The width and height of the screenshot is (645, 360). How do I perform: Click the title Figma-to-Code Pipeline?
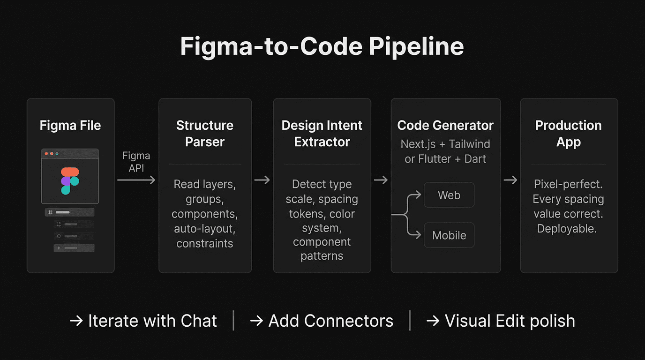pos(322,47)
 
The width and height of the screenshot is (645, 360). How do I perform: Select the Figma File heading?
pos(70,126)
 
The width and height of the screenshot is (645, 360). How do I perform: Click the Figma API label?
pos(136,162)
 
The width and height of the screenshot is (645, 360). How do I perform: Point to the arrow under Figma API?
pos(136,180)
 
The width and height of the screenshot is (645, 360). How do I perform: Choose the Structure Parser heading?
pos(205,134)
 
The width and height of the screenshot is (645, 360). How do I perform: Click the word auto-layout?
pos(205,229)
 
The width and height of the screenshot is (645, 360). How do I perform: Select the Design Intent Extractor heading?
pos(322,134)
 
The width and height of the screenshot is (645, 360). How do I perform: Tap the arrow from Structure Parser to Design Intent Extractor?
pos(262,180)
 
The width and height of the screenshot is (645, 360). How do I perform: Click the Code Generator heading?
pos(445,126)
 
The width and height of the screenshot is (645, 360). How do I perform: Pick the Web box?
pos(449,195)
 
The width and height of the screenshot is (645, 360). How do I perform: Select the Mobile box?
pos(449,235)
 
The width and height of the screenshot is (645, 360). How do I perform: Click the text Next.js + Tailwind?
pos(445,144)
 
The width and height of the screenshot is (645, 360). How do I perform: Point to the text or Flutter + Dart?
pos(445,159)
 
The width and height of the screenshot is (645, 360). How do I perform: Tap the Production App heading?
pos(569,134)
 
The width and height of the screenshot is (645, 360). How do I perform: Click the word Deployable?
pos(567,229)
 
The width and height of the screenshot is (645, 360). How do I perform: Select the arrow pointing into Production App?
pos(510,180)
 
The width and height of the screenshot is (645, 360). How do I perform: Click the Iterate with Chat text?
pos(143,321)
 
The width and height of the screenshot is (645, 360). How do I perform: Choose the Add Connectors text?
pos(322,321)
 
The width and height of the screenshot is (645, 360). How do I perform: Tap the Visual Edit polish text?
pos(501,321)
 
